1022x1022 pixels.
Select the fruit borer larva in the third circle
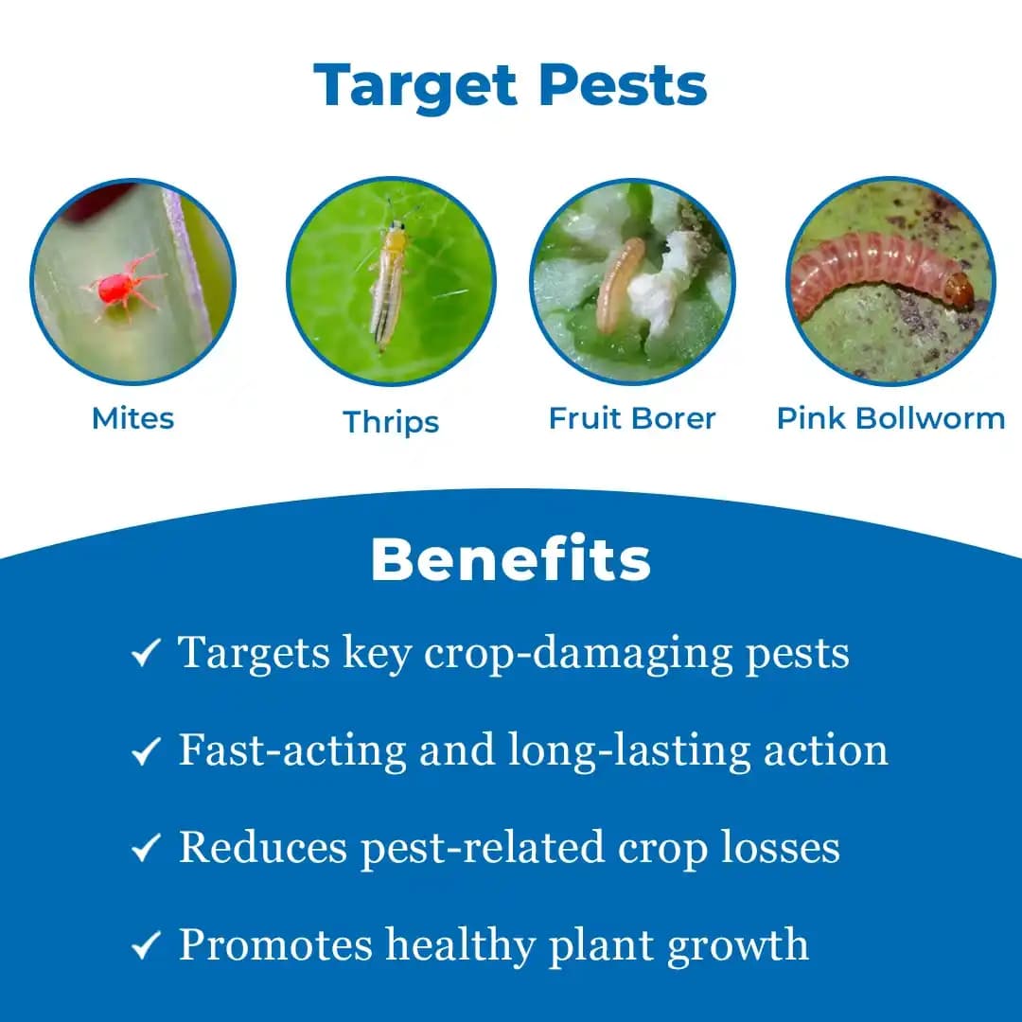[x=618, y=284]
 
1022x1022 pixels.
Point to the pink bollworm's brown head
[x=959, y=288]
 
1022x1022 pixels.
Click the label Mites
[x=132, y=418]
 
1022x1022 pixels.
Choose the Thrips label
[x=391, y=421]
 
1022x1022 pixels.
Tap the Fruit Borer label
[x=632, y=418]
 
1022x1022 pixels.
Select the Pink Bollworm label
[x=890, y=418]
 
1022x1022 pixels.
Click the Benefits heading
[x=511, y=560]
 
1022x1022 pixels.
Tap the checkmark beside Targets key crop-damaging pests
[x=145, y=654]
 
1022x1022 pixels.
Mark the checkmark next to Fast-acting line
[x=145, y=751]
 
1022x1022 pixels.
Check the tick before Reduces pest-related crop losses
[x=145, y=849]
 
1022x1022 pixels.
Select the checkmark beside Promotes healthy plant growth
[x=145, y=946]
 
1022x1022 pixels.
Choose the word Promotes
[x=273, y=945]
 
